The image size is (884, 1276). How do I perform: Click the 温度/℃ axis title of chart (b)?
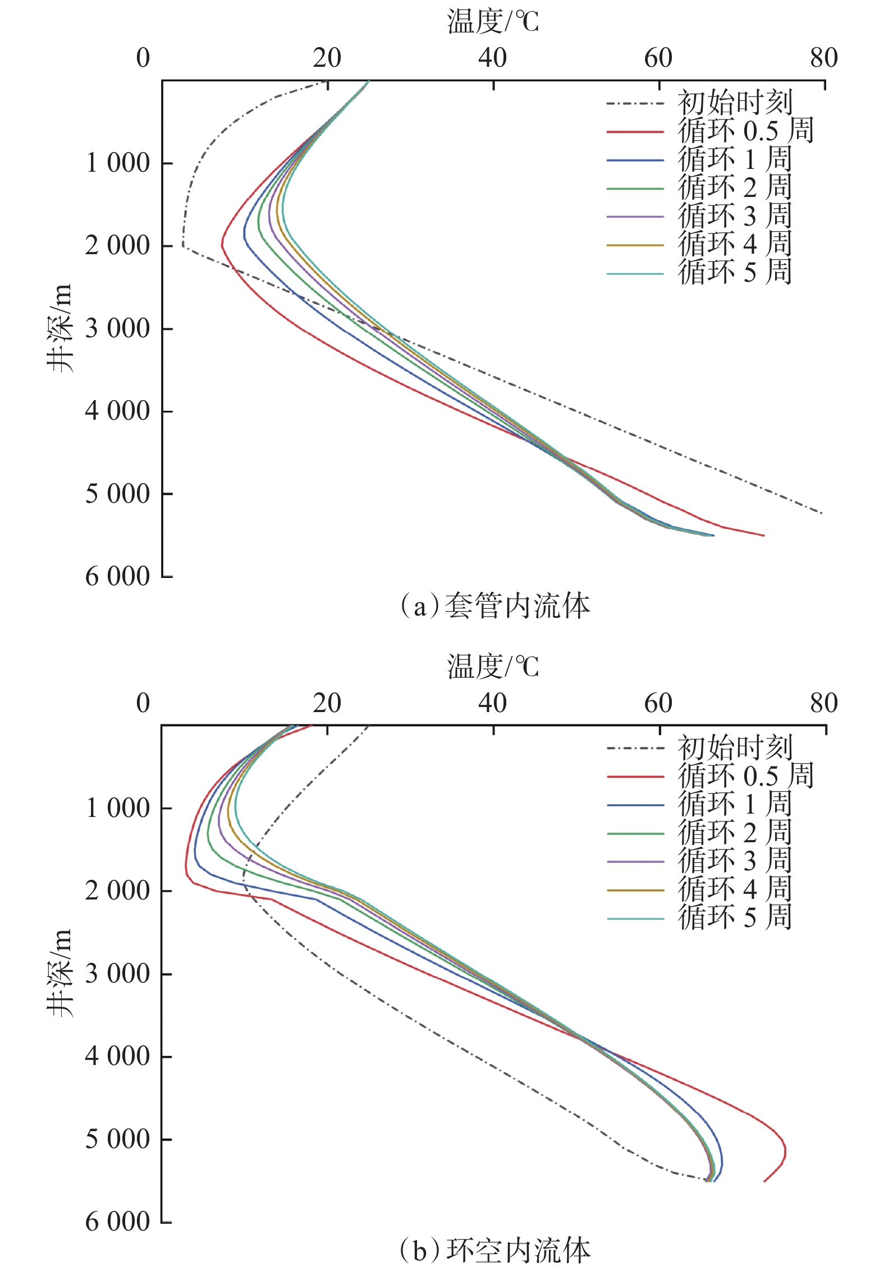pyautogui.click(x=493, y=667)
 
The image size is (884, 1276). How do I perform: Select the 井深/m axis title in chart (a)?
pyautogui.click(x=59, y=328)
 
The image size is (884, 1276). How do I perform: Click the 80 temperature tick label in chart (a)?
pyautogui.click(x=823, y=58)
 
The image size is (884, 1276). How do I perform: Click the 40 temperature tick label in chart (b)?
pyautogui.click(x=492, y=703)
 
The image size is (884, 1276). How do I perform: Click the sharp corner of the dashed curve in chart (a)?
pyautogui.click(x=183, y=245)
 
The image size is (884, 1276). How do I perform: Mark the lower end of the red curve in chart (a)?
pyautogui.click(x=763, y=535)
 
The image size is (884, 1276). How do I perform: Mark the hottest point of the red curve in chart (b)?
pyautogui.click(x=785, y=1151)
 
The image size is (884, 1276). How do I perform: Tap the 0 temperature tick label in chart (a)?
pyautogui.click(x=144, y=58)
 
